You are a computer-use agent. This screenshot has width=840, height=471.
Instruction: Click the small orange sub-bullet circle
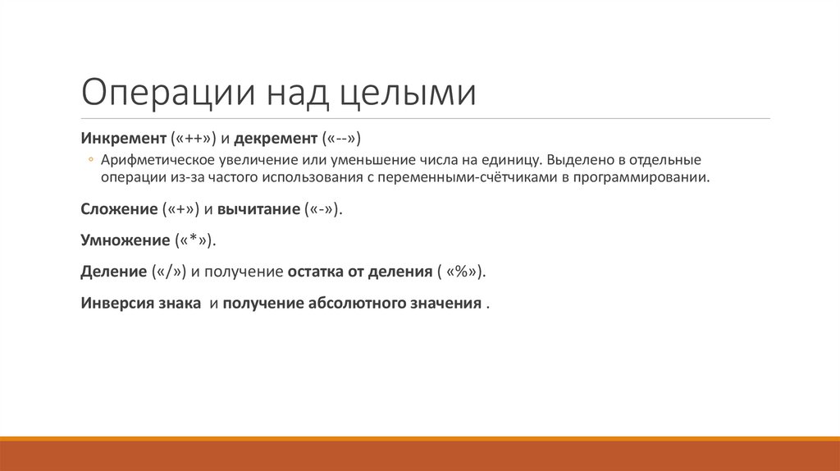tap(93, 159)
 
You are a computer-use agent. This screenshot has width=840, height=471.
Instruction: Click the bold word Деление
tap(113, 271)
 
